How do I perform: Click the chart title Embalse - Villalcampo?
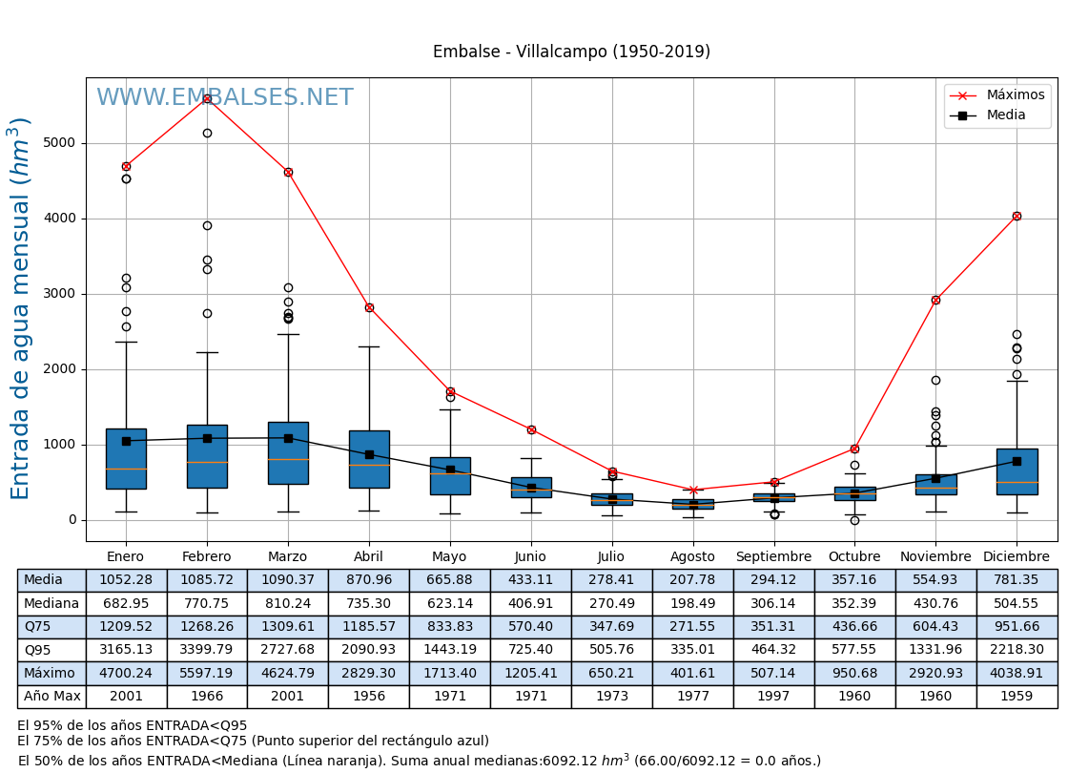click(571, 52)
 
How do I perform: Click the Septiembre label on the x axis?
click(773, 557)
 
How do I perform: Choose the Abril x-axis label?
click(369, 557)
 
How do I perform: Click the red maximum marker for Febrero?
click(207, 98)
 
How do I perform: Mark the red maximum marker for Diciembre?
click(1017, 216)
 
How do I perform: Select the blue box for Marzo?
click(288, 453)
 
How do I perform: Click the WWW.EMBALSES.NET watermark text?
click(225, 98)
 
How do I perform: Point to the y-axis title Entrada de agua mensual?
click(21, 308)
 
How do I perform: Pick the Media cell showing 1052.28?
click(126, 580)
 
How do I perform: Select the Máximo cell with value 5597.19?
click(207, 673)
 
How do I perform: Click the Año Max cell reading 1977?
click(692, 697)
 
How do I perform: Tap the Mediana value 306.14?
click(773, 603)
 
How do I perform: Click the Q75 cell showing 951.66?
click(1017, 627)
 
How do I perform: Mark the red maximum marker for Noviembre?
click(935, 300)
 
